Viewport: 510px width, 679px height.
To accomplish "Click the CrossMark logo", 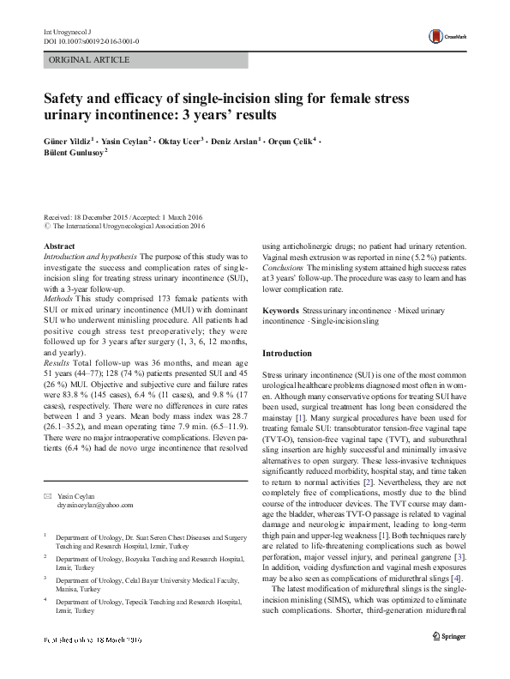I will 446,34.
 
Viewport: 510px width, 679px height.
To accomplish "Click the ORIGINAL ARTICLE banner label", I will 90,60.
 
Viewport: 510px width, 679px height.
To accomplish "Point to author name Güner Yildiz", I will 70,140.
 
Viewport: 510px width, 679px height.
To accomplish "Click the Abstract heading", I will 58,246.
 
